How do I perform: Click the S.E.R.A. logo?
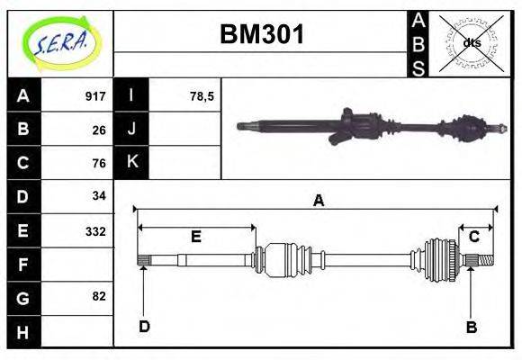[60, 43]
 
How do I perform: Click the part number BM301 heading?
[262, 34]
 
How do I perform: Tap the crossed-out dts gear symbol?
[471, 42]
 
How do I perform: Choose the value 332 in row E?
[95, 230]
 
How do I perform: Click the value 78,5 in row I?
[202, 96]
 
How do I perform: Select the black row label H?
[22, 331]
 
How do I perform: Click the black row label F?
[22, 265]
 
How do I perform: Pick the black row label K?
[131, 163]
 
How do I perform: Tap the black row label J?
[131, 130]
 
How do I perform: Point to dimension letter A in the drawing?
[318, 202]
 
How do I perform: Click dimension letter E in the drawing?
[195, 237]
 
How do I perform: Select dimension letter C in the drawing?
[473, 237]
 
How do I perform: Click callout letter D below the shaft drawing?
[144, 327]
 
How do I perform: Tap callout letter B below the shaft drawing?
[471, 327]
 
